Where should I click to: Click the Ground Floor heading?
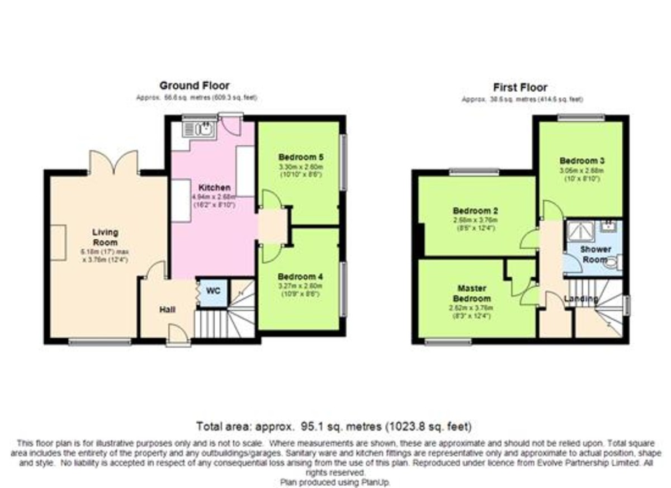tap(194, 86)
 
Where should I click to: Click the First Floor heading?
tap(520, 87)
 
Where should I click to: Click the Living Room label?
tap(105, 238)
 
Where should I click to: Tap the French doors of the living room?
tap(114, 163)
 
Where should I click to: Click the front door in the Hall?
tap(178, 335)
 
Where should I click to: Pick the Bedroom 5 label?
tap(301, 157)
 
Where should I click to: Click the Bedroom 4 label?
tap(301, 277)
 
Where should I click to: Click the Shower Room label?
tap(595, 254)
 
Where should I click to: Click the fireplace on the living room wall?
tap(59, 242)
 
